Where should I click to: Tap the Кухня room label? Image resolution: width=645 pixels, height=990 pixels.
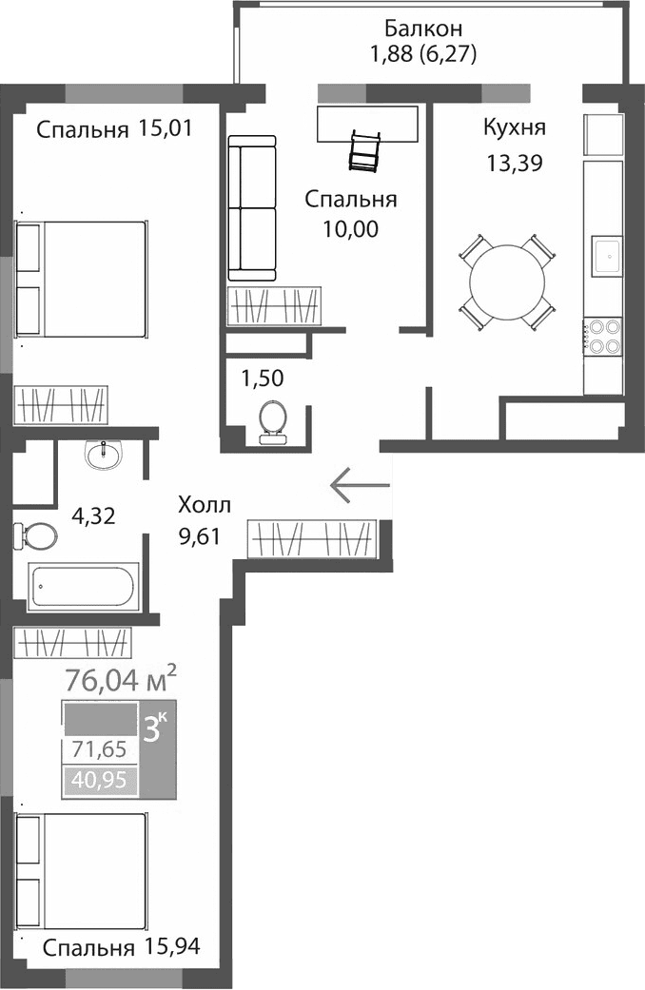(515, 127)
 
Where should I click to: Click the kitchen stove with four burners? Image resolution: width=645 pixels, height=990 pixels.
(601, 335)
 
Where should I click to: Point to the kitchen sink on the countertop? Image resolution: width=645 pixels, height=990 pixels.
(604, 254)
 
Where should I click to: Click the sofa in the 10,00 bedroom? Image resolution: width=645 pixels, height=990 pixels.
(252, 207)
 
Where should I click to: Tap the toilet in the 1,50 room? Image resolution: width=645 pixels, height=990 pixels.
(274, 421)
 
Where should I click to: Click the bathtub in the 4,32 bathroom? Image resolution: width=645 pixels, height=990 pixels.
(84, 587)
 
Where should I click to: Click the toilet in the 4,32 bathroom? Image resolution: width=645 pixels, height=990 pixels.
(35, 535)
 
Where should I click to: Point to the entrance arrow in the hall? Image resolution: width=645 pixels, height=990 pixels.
(361, 486)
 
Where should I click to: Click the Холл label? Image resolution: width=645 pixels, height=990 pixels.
(205, 505)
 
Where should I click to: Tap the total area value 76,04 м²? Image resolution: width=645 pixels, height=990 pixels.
(120, 679)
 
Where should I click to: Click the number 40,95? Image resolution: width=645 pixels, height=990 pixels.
(99, 782)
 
